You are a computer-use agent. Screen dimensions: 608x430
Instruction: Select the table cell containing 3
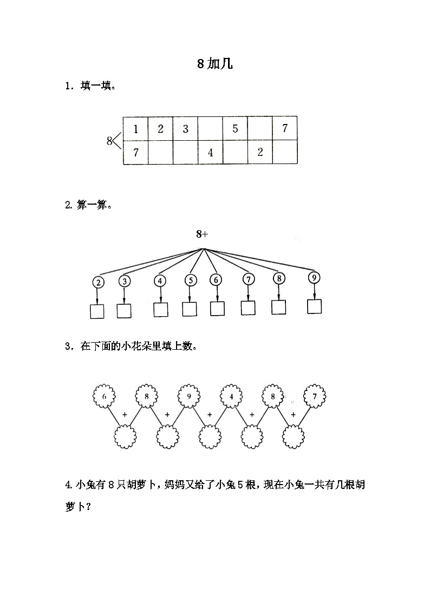[185, 129]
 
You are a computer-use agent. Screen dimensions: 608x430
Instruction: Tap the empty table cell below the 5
[235, 153]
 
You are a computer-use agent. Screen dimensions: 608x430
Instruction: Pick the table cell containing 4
[210, 153]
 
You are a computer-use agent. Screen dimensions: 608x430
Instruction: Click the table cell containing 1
[135, 129]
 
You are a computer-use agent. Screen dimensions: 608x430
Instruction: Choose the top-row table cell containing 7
[285, 129]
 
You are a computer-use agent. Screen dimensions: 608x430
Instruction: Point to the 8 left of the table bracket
[109, 141]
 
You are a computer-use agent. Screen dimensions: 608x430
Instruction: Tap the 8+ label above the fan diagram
[202, 234]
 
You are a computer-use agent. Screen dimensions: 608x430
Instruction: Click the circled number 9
[314, 278]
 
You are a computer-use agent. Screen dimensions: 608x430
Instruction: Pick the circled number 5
[190, 280]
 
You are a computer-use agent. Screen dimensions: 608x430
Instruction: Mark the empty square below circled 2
[97, 311]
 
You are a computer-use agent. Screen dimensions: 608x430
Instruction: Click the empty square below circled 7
[248, 308]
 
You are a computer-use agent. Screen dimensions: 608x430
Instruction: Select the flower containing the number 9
[188, 396]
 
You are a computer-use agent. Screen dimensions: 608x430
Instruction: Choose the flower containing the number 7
[315, 396]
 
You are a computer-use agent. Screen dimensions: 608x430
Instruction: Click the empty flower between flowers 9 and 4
[209, 435]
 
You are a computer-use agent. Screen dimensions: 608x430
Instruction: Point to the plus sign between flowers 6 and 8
[125, 415]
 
